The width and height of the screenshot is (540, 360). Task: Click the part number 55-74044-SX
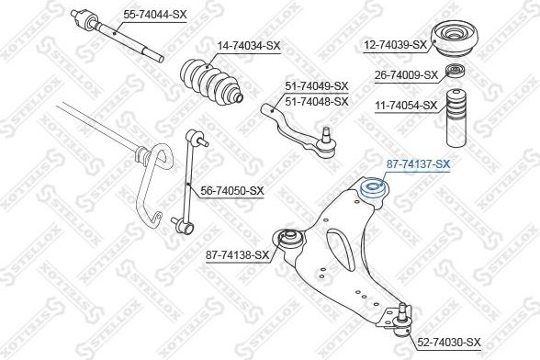tap(155, 15)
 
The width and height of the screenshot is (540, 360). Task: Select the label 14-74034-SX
tap(249, 46)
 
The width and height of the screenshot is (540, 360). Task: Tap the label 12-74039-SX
tap(396, 44)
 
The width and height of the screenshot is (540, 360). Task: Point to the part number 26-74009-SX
tap(406, 74)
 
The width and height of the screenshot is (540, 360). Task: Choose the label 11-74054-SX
tap(406, 105)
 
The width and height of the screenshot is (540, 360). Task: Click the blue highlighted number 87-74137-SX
tap(418, 164)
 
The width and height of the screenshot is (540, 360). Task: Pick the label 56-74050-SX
tap(232, 190)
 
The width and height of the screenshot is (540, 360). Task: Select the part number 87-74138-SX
tap(237, 255)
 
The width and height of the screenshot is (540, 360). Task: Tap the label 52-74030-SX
tap(449, 342)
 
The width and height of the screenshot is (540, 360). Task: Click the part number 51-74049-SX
tap(317, 86)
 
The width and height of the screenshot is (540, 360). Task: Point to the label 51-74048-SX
tap(317, 102)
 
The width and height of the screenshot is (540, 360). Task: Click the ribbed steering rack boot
tap(211, 81)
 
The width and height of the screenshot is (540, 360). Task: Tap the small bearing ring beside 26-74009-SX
tap(456, 71)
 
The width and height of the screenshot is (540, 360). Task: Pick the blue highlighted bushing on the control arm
tap(373, 187)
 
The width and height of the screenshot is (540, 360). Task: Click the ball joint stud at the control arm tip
tap(402, 312)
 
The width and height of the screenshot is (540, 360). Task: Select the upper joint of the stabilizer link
tap(196, 137)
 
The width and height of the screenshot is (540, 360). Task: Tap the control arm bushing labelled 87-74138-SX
tap(289, 238)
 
